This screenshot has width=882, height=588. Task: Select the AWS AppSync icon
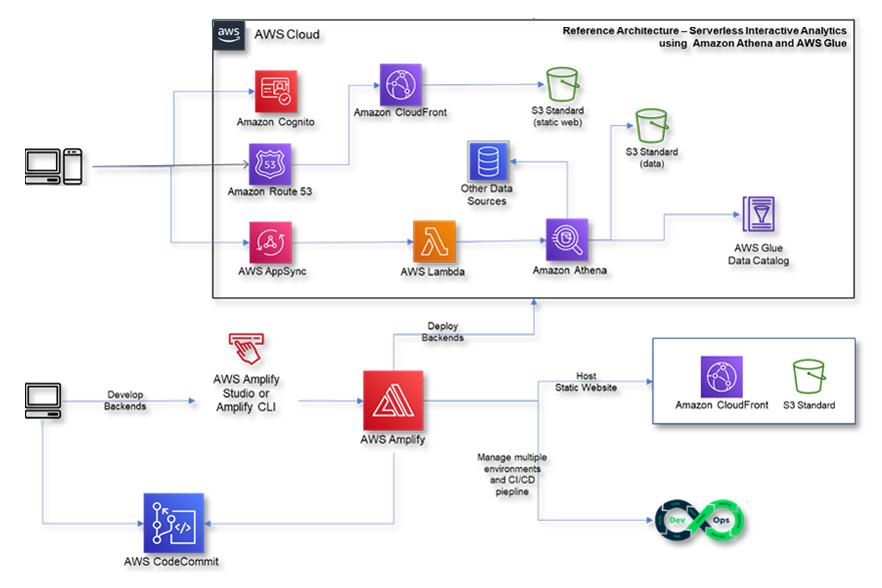(x=269, y=241)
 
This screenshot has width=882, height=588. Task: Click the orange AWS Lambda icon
(x=434, y=241)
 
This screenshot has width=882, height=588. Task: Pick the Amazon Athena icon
(x=567, y=241)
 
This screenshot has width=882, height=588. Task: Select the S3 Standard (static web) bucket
(x=563, y=83)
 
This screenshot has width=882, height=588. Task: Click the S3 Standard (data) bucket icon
(x=651, y=126)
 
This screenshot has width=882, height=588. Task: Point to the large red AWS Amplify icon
(x=393, y=401)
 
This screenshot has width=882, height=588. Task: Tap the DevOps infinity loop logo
(x=700, y=521)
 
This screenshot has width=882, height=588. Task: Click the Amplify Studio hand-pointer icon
(x=246, y=347)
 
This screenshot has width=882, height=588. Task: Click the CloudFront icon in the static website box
(x=721, y=376)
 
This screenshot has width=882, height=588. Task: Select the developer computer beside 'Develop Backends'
(x=43, y=400)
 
